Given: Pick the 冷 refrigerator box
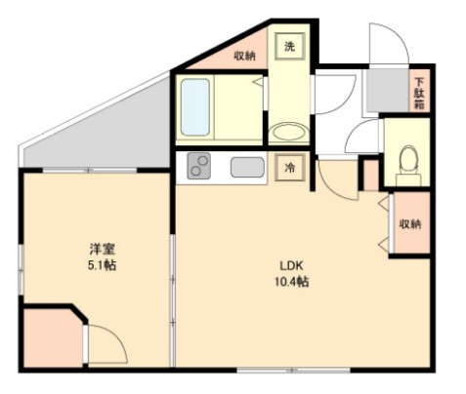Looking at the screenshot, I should [290, 167].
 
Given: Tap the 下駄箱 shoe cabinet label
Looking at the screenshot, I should [418, 93].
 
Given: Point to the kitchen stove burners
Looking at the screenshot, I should [199, 167].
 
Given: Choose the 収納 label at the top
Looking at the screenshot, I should [244, 55].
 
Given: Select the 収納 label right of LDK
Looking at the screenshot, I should [409, 224].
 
